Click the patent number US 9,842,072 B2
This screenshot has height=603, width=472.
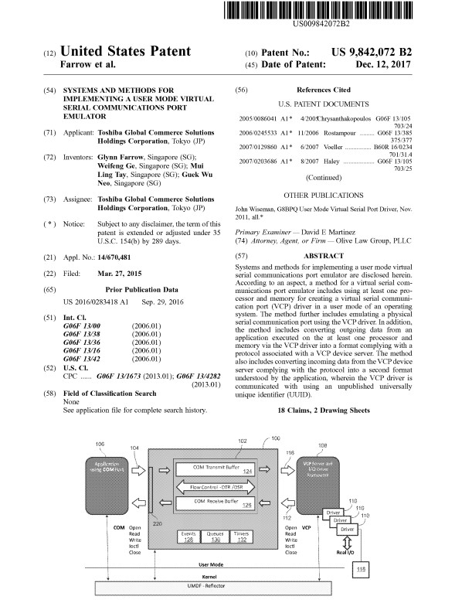tap(387, 52)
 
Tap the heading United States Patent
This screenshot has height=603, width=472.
tap(125, 52)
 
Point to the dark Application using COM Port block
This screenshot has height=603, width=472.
tap(107, 470)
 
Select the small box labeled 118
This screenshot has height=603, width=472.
tap(362, 571)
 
